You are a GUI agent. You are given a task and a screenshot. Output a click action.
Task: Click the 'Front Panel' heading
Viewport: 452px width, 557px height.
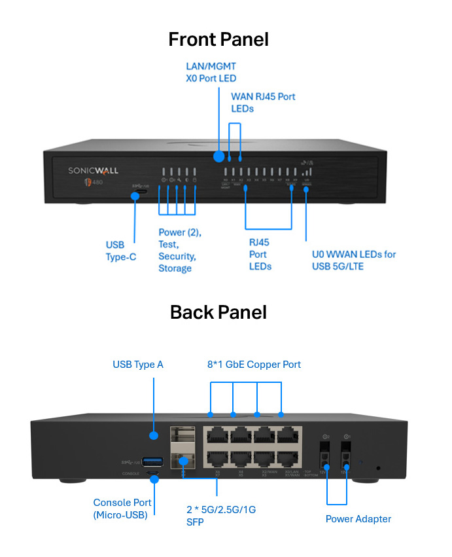pyautogui.click(x=218, y=39)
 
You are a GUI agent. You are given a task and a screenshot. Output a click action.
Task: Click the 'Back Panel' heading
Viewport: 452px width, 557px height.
pyautogui.click(x=218, y=312)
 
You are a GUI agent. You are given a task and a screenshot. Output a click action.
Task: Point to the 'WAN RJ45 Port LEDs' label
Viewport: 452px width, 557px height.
pyautogui.click(x=263, y=102)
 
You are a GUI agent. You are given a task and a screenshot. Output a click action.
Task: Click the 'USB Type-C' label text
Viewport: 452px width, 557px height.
pyautogui.click(x=121, y=251)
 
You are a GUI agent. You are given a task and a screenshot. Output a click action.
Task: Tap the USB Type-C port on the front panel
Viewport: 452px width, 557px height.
pyautogui.click(x=138, y=186)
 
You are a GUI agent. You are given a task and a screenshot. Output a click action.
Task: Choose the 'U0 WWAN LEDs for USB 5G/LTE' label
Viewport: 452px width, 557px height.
pyautogui.click(x=353, y=260)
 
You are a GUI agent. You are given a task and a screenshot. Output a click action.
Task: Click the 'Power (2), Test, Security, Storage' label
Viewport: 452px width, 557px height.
pyautogui.click(x=179, y=250)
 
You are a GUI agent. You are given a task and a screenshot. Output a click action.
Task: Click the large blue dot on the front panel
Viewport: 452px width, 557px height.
pyautogui.click(x=218, y=156)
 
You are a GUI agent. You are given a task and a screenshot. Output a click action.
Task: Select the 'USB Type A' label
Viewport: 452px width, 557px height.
pyautogui.click(x=138, y=364)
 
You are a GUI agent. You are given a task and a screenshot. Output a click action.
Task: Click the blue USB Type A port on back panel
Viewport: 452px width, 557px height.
pyautogui.click(x=152, y=462)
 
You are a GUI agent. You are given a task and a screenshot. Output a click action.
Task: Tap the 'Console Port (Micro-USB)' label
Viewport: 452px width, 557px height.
pyautogui.click(x=122, y=509)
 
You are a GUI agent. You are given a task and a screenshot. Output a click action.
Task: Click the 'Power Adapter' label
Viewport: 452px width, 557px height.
pyautogui.click(x=358, y=519)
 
